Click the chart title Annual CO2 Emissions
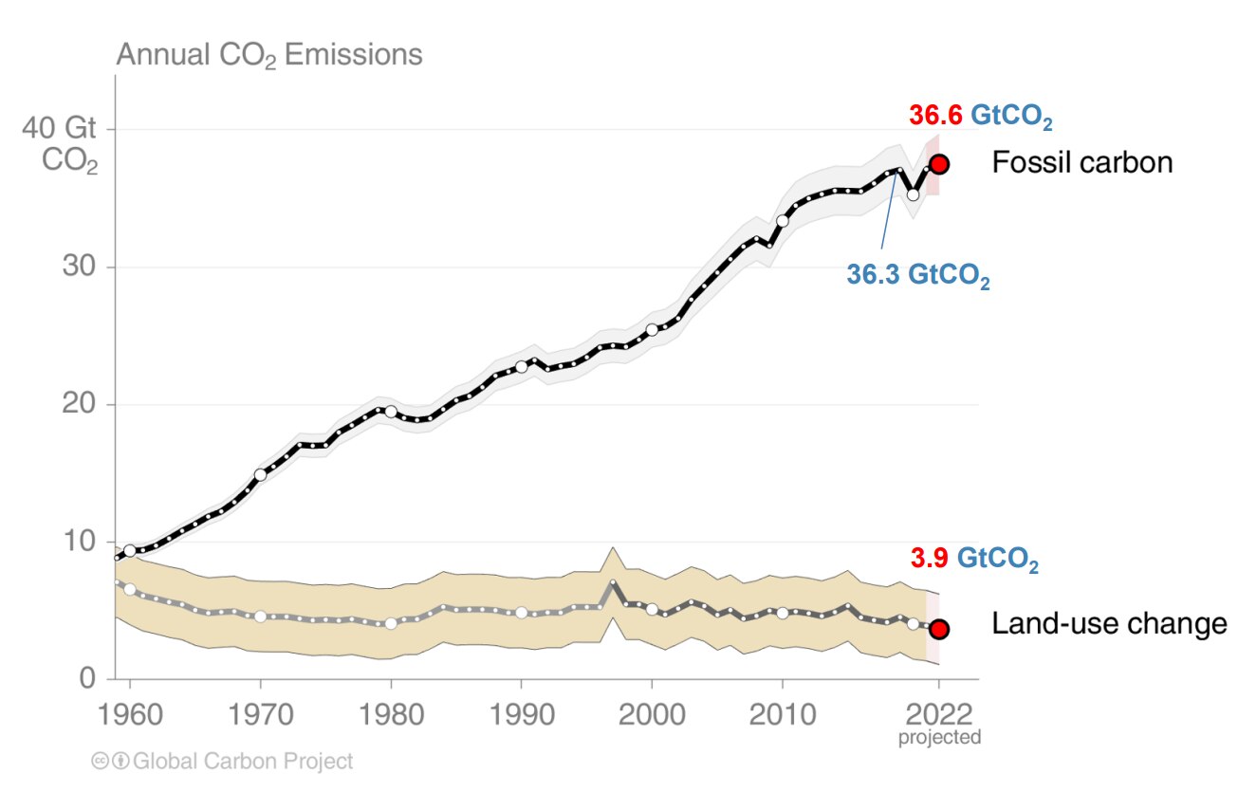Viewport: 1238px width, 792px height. [x=269, y=55]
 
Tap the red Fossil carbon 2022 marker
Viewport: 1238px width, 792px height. [x=939, y=164]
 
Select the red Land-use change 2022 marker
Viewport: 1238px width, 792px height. [x=939, y=629]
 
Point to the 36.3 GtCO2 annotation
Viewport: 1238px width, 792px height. [x=917, y=276]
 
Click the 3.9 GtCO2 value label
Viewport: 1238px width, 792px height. [x=974, y=560]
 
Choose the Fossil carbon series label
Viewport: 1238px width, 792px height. [x=1081, y=163]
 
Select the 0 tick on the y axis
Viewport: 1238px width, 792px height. [x=87, y=678]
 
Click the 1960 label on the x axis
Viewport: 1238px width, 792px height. [x=130, y=712]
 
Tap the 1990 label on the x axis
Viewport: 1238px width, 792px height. [x=521, y=712]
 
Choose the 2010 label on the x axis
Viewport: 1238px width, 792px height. [x=782, y=712]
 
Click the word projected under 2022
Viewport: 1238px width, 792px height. [x=939, y=737]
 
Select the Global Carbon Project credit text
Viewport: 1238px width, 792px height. [x=243, y=761]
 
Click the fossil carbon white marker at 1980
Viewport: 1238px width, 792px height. [x=391, y=412]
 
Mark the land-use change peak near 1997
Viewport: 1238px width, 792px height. [x=613, y=582]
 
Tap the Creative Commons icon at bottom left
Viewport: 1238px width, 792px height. [x=100, y=761]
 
